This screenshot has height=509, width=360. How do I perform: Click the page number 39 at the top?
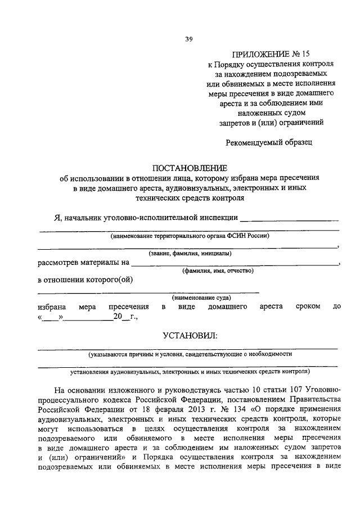click(x=188, y=39)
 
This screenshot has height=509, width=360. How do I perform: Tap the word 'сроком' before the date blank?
click(x=308, y=307)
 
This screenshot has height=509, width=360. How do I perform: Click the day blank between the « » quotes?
click(x=50, y=317)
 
